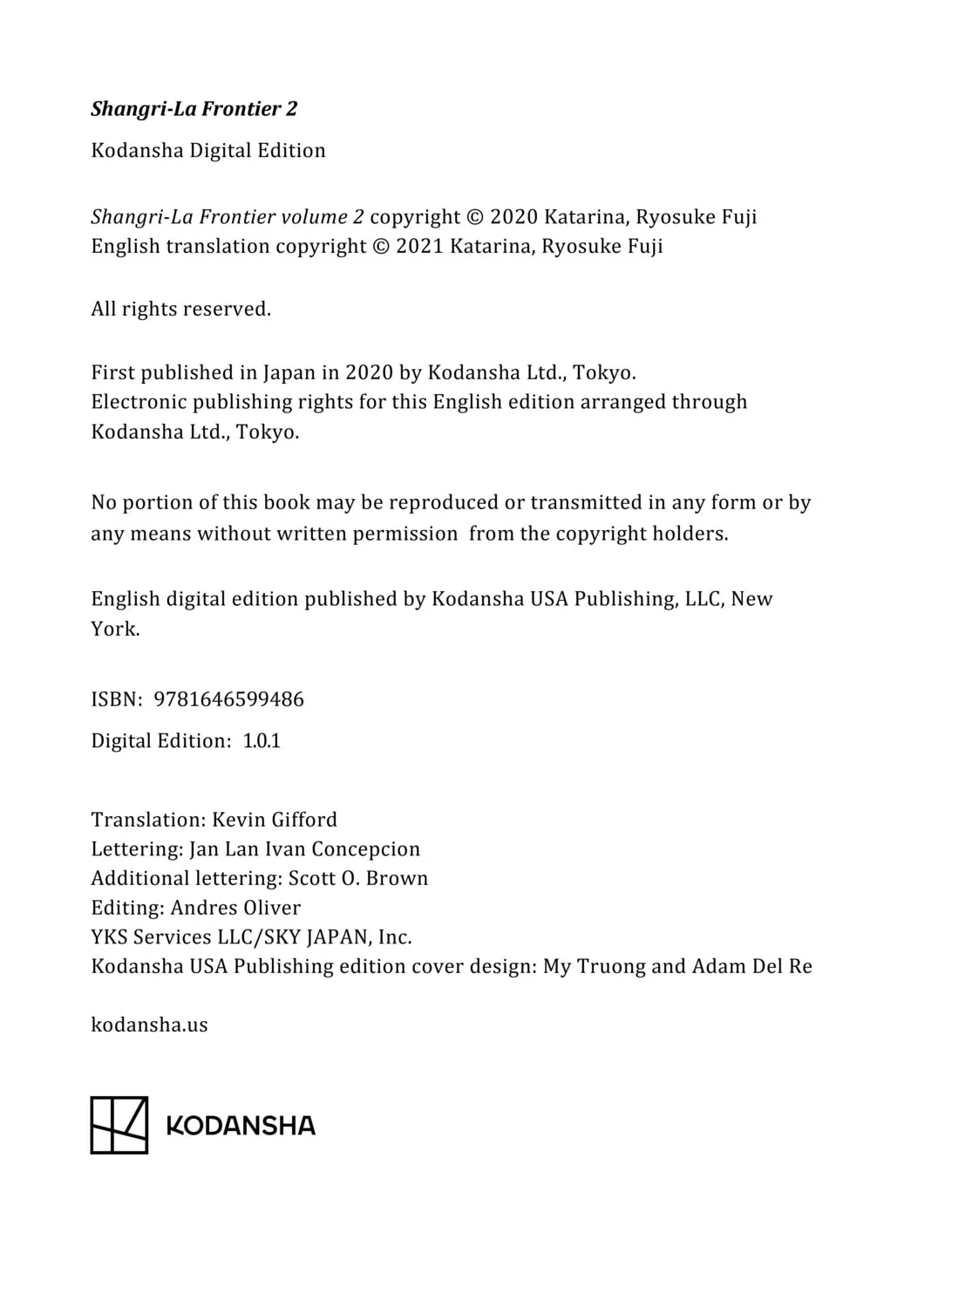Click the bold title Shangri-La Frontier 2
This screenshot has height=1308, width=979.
(194, 109)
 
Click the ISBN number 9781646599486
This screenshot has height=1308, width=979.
(228, 699)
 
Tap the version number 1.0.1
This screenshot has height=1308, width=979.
(262, 741)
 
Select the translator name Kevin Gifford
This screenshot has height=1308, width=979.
(275, 820)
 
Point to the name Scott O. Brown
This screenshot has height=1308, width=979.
(358, 878)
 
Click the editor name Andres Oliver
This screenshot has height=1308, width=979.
(235, 908)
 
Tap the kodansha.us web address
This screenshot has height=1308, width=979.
(149, 1025)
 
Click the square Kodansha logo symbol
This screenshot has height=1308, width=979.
(119, 1125)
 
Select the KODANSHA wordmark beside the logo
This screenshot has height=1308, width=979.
(241, 1126)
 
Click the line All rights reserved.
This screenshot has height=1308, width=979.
(180, 310)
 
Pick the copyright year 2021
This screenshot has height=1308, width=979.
(419, 247)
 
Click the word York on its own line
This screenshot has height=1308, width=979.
(114, 629)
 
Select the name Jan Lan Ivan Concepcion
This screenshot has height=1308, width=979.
(304, 849)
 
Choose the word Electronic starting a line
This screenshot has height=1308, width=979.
(139, 402)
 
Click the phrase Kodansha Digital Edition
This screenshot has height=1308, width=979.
(208, 151)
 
